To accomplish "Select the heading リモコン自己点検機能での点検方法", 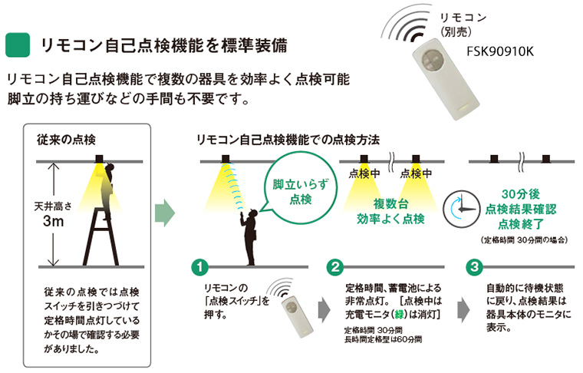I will point(288,140).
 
